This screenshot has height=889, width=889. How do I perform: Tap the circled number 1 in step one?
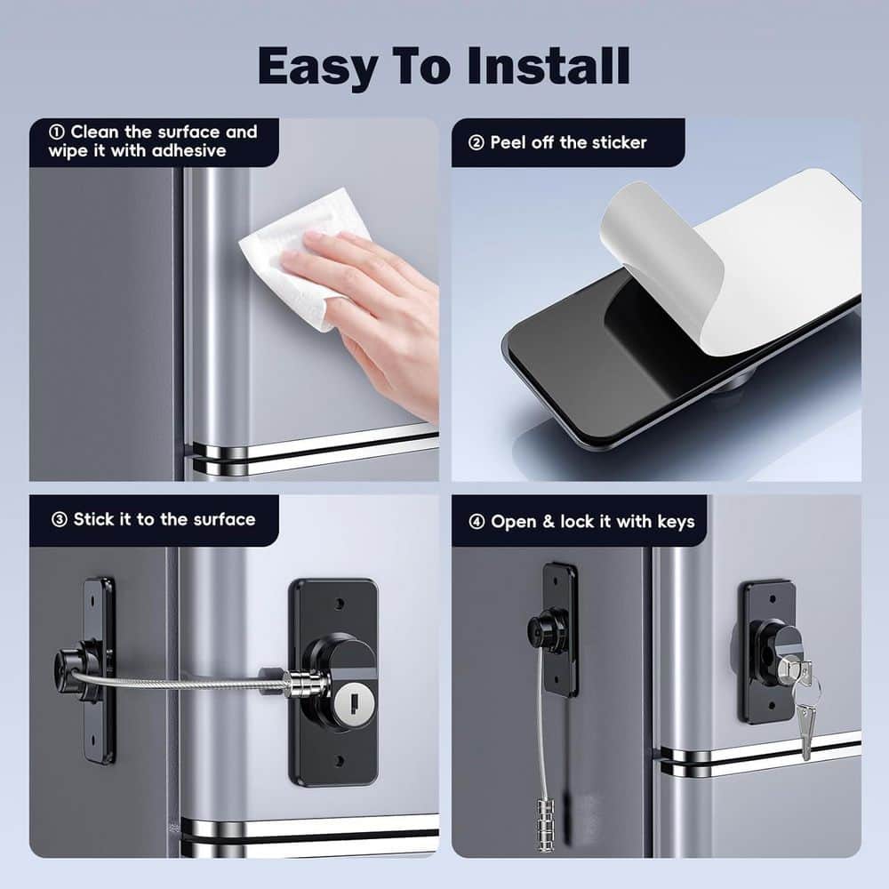[x=57, y=132]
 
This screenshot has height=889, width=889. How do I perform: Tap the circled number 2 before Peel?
[x=476, y=142]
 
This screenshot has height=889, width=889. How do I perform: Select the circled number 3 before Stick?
[x=59, y=519]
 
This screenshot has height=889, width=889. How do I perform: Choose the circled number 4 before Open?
[x=477, y=522]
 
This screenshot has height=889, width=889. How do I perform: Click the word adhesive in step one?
[x=188, y=151]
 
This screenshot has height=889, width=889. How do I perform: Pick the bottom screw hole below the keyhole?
[x=339, y=761]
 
